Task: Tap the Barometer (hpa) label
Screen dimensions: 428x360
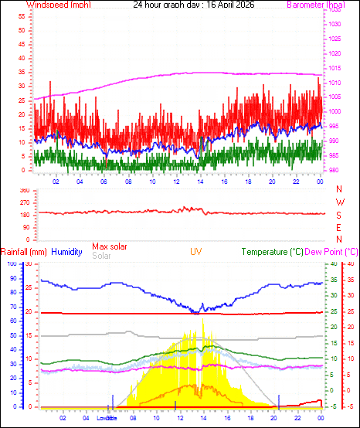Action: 316,5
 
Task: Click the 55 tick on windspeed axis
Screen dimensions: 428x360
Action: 22,17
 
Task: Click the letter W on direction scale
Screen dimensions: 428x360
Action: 339,202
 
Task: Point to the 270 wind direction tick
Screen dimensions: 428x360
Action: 24,202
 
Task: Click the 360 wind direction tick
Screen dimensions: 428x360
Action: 24,189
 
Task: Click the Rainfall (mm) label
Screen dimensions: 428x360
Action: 24,252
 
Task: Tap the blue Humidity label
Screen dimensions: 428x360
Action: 66,252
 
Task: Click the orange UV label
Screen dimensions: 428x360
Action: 196,252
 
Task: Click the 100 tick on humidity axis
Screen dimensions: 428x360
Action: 11,263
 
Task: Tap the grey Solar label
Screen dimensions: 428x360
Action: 101,256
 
